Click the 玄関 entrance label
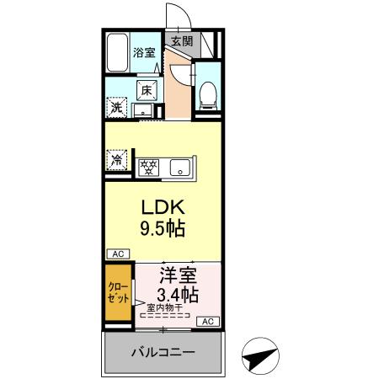(182, 41)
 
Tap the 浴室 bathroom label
(144, 52)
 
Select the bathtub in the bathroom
(118, 52)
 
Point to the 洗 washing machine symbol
(116, 108)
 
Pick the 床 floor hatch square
(147, 90)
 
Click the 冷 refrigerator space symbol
(116, 160)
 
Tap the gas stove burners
(148, 168)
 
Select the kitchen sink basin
(180, 168)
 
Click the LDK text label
(163, 207)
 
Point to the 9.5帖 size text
(163, 228)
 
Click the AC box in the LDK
(118, 254)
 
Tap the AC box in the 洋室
(208, 322)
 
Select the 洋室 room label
(179, 275)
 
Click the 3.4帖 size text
(178, 295)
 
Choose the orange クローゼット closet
(118, 292)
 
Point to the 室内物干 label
(165, 308)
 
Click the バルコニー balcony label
(163, 352)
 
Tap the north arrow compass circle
(260, 356)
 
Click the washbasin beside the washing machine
(143, 110)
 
